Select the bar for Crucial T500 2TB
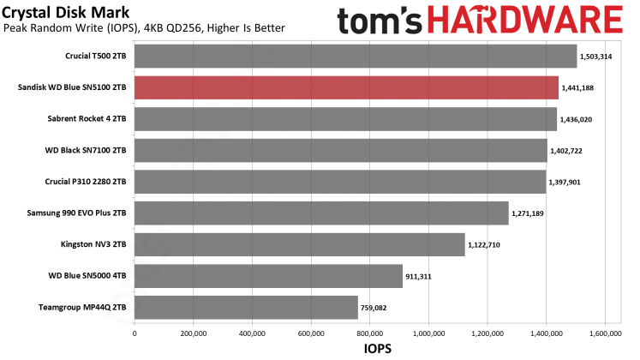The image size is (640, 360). pos(356,57)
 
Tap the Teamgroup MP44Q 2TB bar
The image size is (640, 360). pos(246,307)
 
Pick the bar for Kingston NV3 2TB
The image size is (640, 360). pos(299,244)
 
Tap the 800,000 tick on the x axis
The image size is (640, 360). pos(369,333)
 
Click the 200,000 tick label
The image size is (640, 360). pos(193,333)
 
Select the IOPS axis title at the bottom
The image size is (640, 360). pos(369,350)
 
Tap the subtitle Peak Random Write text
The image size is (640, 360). pos(144,29)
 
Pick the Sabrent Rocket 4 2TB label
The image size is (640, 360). pos(85,119)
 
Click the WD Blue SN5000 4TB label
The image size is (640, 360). pos(86,276)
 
